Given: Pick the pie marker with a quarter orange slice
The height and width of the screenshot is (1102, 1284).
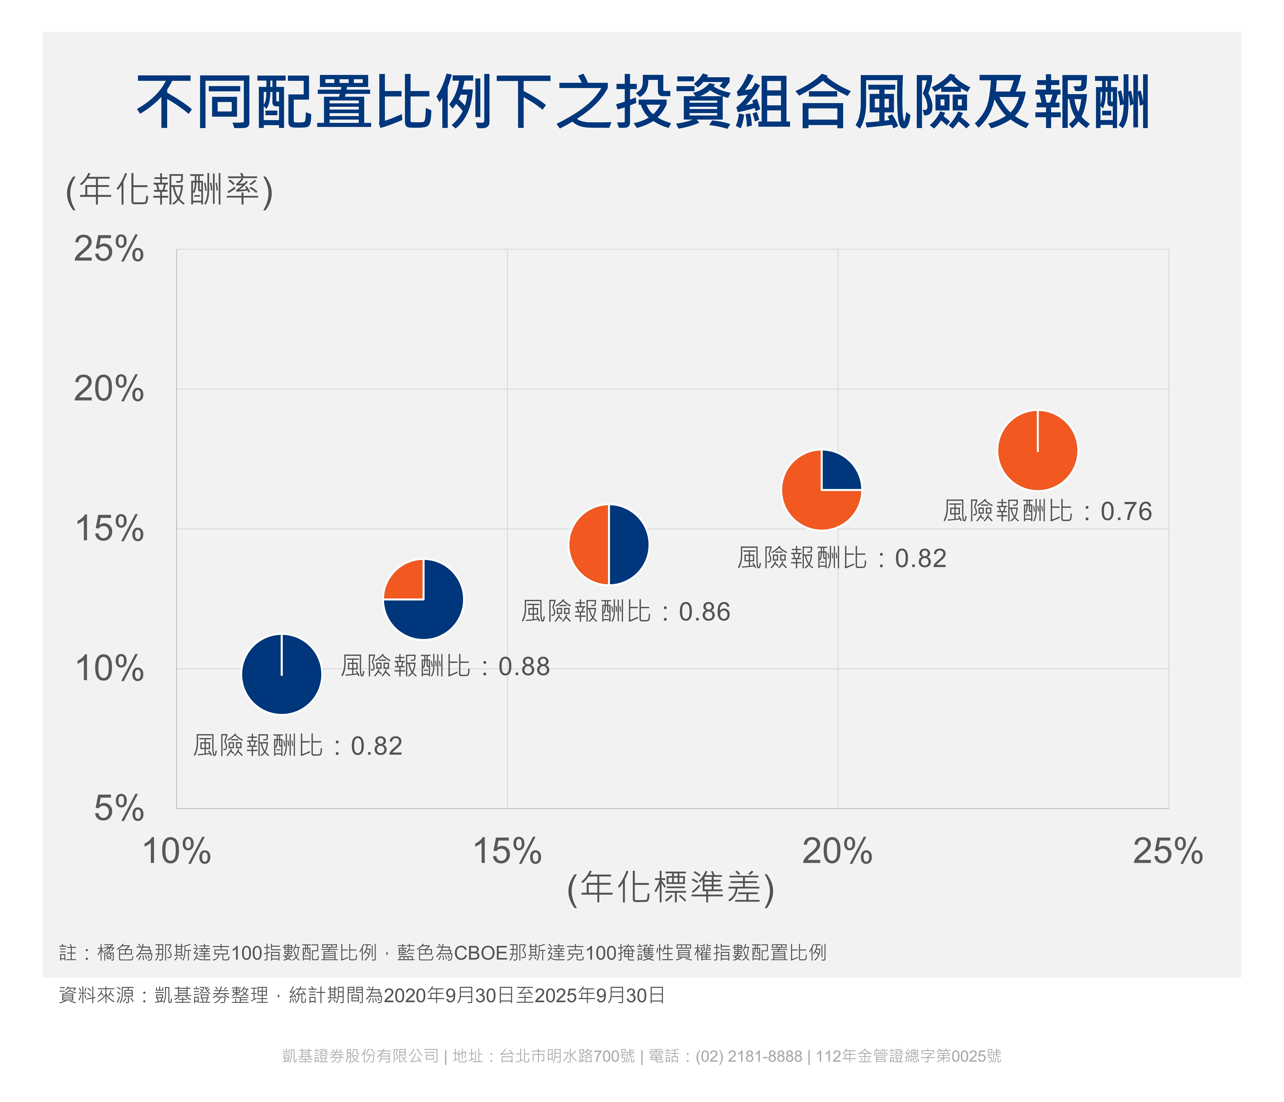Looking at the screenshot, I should [x=423, y=599].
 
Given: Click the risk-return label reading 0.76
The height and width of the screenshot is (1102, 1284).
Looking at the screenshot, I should [x=1047, y=511].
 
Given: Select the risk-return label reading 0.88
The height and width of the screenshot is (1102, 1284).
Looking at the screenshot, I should [x=445, y=666].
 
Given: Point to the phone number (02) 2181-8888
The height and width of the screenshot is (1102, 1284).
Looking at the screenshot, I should [x=749, y=1056].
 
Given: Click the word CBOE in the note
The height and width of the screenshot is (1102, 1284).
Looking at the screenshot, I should [x=481, y=952].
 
